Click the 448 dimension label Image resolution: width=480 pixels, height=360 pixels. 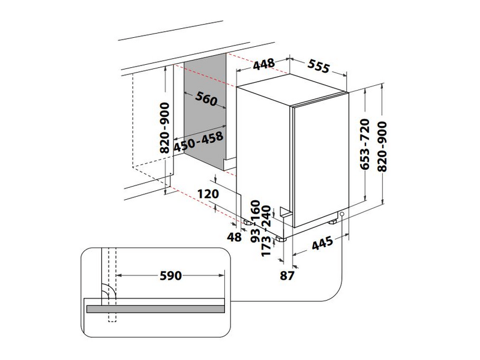pos(264,64)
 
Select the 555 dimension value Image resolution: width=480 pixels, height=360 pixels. pos(319,67)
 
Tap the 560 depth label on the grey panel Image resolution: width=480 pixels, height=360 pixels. pos(206,98)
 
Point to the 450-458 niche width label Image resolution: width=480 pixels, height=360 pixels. pos(199,142)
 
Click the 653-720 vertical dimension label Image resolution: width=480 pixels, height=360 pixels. pos(365,144)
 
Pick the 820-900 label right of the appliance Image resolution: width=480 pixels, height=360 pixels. pos(382,146)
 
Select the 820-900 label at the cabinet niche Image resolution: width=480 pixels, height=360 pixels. pos(164,128)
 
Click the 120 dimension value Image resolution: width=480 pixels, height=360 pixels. pos(208,194)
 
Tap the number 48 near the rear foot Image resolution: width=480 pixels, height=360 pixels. pos(234,237)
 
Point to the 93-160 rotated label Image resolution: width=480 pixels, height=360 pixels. pos(256,221)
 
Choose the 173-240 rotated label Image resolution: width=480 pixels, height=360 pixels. pos(266,230)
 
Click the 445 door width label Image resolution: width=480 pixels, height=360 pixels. pos(323,242)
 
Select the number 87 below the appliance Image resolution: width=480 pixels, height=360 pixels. pos(287,275)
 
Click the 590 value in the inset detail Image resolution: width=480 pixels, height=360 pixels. pos(171,275)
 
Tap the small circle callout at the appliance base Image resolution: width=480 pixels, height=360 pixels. pos(341,214)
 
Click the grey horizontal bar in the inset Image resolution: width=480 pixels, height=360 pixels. pos(155,309)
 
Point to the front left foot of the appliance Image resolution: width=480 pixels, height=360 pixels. pos(280,239)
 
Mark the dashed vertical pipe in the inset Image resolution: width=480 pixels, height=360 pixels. pos(112,285)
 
